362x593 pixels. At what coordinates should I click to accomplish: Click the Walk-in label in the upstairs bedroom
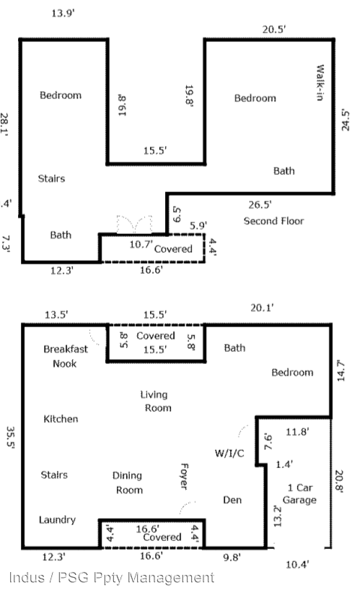(x=319, y=82)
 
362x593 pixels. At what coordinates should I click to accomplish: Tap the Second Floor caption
(x=274, y=221)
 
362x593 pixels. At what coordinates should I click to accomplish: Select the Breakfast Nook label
(x=66, y=356)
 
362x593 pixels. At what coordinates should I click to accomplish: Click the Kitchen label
(x=61, y=419)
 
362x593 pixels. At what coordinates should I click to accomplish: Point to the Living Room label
(x=156, y=402)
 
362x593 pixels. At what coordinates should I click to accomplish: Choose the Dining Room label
(x=128, y=483)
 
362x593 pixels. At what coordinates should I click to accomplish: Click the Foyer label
(x=184, y=477)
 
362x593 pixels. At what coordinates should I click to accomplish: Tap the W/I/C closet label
(x=229, y=453)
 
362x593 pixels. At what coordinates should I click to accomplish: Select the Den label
(x=232, y=500)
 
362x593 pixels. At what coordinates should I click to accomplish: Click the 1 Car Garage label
(x=300, y=494)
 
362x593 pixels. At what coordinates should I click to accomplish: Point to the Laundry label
(x=58, y=520)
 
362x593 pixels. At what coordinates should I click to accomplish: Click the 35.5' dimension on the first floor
(x=11, y=437)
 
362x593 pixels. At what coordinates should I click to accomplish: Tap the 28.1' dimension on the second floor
(x=4, y=124)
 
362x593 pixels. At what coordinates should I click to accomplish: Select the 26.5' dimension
(x=260, y=204)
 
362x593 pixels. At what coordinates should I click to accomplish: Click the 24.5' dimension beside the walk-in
(x=345, y=121)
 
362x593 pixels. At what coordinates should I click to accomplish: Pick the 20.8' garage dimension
(x=339, y=481)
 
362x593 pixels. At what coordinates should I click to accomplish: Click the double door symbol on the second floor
(x=134, y=224)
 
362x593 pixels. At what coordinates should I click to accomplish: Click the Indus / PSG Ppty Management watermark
(x=112, y=578)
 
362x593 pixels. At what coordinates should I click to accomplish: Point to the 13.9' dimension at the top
(x=63, y=13)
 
